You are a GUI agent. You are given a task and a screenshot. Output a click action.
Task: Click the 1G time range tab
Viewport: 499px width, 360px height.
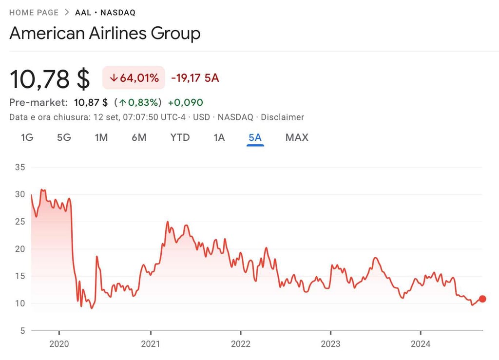[x=27, y=137]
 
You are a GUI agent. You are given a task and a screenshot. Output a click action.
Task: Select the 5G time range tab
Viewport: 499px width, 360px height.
[x=64, y=137]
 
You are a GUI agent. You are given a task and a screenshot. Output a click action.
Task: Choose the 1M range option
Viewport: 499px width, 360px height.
[x=101, y=137]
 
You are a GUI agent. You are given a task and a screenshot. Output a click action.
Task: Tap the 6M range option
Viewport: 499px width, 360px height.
[x=139, y=137]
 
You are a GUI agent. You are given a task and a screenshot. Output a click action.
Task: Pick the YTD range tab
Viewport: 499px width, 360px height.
[x=180, y=137]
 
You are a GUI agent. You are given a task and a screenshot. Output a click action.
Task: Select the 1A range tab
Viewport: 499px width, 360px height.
[x=219, y=137]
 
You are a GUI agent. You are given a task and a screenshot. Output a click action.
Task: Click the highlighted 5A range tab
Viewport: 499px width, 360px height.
[x=255, y=137]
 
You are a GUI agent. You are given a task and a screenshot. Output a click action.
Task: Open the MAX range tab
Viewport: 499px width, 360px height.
[x=297, y=137]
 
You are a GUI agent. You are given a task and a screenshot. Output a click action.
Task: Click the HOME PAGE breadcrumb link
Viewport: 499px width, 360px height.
[x=34, y=13]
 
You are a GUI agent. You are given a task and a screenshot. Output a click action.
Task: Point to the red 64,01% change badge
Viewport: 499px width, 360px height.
[x=134, y=78]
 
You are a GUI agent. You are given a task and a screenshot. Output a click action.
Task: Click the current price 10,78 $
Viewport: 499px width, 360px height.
[x=50, y=79]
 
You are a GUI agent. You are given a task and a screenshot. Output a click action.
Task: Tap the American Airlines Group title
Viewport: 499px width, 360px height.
[x=105, y=34]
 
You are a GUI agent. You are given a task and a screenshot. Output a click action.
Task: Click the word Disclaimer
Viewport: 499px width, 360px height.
[x=282, y=117]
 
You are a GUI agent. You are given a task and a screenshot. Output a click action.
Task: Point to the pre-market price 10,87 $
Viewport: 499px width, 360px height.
[x=91, y=102]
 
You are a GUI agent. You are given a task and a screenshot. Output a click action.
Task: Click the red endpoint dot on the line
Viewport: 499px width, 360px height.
[x=482, y=299]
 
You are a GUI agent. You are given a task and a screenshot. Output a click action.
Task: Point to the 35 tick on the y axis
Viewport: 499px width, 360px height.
[x=20, y=167]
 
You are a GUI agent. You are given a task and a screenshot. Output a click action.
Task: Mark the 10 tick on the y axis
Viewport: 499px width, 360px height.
[x=20, y=303]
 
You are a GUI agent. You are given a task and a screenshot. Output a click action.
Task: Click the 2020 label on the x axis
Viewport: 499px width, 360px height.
[x=59, y=344]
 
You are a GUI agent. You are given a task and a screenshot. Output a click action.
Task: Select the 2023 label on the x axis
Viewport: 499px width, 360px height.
[x=330, y=344]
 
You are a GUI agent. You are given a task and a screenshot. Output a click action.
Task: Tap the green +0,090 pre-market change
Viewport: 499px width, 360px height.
[x=185, y=102]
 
